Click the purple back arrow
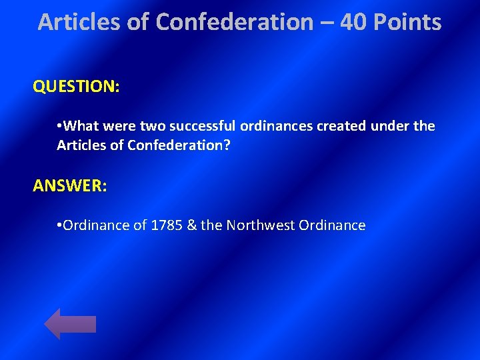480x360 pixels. [x=69, y=324]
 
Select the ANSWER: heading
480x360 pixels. [x=69, y=186]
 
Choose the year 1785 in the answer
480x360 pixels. [x=165, y=225]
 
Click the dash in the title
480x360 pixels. [x=326, y=23]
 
